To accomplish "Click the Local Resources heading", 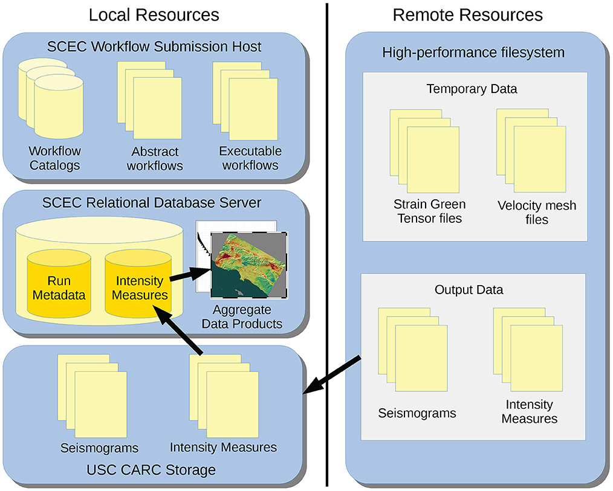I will point(154,14).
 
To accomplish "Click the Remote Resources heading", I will point(467,14).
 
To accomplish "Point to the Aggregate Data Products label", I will point(247,318).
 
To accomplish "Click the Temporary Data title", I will point(472,89).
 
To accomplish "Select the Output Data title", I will point(469,290).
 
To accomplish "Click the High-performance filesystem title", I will point(473,53).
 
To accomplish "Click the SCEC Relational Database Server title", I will point(152,202).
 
